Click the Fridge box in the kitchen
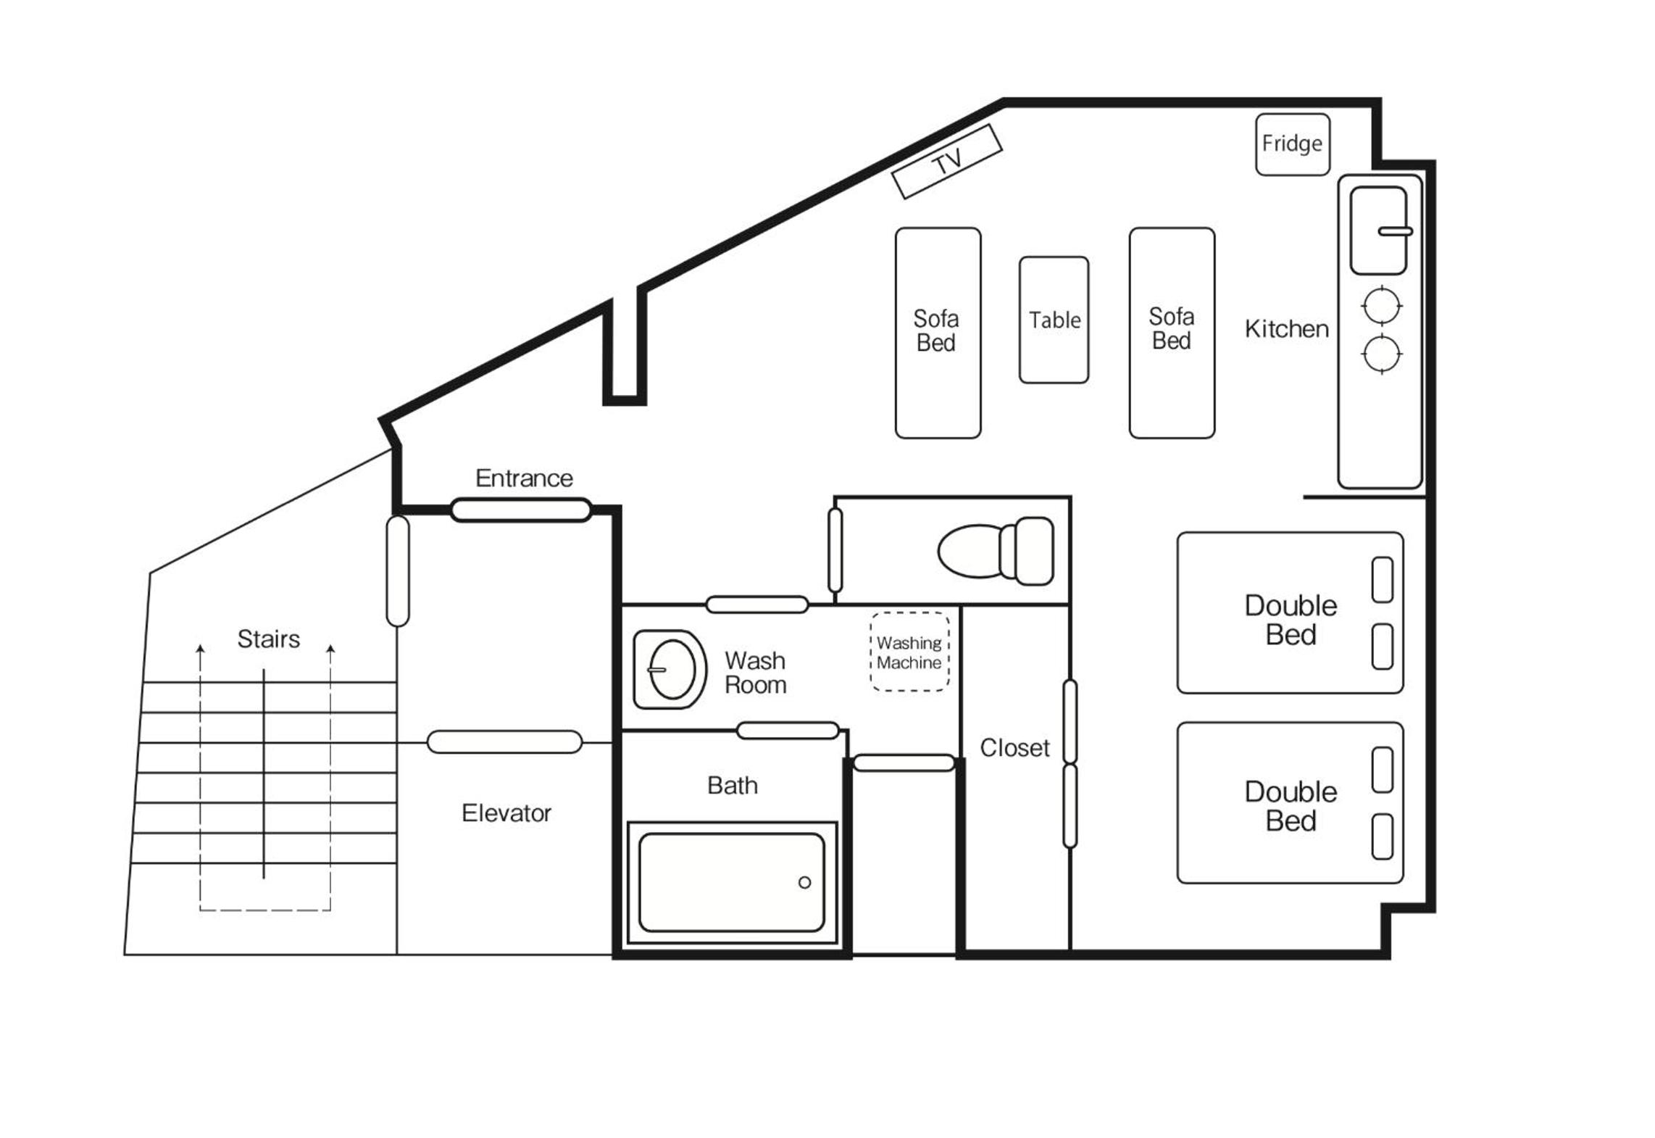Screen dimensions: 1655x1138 1292,144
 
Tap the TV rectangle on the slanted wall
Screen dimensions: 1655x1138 946,161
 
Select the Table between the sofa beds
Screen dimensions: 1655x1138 1054,320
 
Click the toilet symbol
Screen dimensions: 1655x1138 996,551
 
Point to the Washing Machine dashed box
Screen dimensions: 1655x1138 909,652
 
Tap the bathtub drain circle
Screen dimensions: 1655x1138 804,882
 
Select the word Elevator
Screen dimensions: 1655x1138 506,813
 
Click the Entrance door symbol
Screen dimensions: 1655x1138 520,510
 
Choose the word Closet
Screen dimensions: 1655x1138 1014,747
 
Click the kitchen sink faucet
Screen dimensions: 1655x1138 1395,232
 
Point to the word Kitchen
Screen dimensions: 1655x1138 1286,328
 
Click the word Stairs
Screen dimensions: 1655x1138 268,639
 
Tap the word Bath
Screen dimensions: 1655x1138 733,785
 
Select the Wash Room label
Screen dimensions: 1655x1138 755,673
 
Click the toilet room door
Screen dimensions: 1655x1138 835,550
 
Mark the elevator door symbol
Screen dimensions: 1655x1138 504,742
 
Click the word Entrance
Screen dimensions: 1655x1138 524,478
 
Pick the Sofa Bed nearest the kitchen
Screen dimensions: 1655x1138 1172,333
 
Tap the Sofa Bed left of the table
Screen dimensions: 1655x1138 938,333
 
